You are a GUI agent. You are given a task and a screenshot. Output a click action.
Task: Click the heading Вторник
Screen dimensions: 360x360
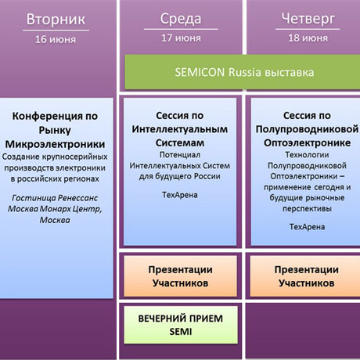point(56,20)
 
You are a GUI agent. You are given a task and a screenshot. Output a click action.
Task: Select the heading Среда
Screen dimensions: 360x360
point(181,19)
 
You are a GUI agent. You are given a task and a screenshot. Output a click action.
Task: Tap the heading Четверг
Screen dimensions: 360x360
point(308,20)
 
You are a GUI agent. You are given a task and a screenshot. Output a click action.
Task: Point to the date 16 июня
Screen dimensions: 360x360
point(56,39)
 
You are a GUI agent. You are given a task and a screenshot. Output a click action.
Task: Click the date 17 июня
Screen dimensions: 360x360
point(181,38)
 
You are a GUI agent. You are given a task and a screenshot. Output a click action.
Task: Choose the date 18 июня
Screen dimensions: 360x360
point(308,38)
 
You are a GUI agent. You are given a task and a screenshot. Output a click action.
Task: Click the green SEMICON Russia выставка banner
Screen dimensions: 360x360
point(243,72)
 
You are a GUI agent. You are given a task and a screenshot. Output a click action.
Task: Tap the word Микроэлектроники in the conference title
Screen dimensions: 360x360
point(55,144)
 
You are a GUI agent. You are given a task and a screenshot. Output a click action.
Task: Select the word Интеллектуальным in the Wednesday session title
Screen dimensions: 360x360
point(180,129)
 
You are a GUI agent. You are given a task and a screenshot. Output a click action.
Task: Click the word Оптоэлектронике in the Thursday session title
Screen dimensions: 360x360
point(307,143)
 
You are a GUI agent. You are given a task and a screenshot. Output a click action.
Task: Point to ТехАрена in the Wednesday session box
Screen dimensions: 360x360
point(180,195)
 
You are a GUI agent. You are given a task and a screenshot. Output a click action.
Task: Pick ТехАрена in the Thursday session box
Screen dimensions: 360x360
point(307,227)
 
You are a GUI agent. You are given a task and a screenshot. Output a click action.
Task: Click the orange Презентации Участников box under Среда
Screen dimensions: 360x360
point(181,276)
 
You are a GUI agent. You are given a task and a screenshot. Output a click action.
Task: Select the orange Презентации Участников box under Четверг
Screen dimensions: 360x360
point(305,276)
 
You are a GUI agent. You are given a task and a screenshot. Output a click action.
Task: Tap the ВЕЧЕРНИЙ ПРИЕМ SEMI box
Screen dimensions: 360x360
point(181,325)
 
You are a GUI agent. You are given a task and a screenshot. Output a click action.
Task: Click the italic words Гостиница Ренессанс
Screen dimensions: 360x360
point(55,198)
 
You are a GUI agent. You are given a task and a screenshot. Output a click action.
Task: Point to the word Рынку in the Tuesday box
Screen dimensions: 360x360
point(55,130)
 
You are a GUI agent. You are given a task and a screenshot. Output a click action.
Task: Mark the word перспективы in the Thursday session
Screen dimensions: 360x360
point(307,209)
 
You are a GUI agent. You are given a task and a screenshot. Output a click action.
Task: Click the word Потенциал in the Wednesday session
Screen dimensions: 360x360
point(180,155)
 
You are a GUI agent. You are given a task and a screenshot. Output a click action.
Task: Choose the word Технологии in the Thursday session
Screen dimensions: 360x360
point(307,155)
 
